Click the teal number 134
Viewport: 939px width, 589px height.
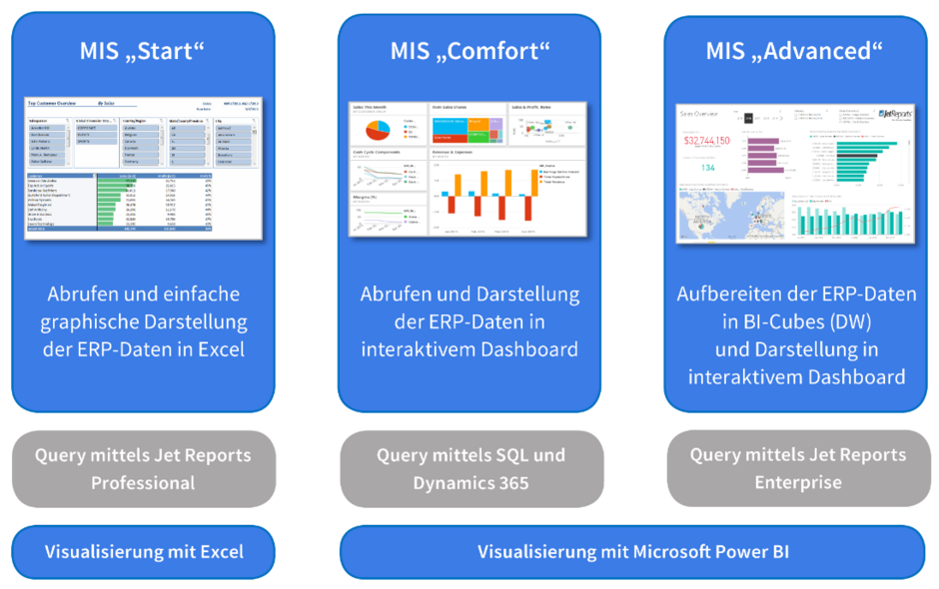coord(707,167)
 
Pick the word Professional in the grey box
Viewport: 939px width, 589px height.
coord(143,482)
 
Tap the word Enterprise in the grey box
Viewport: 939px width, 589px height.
coord(797,481)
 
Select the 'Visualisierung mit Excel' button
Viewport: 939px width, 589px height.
coord(143,551)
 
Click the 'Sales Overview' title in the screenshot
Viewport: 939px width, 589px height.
coord(699,114)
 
